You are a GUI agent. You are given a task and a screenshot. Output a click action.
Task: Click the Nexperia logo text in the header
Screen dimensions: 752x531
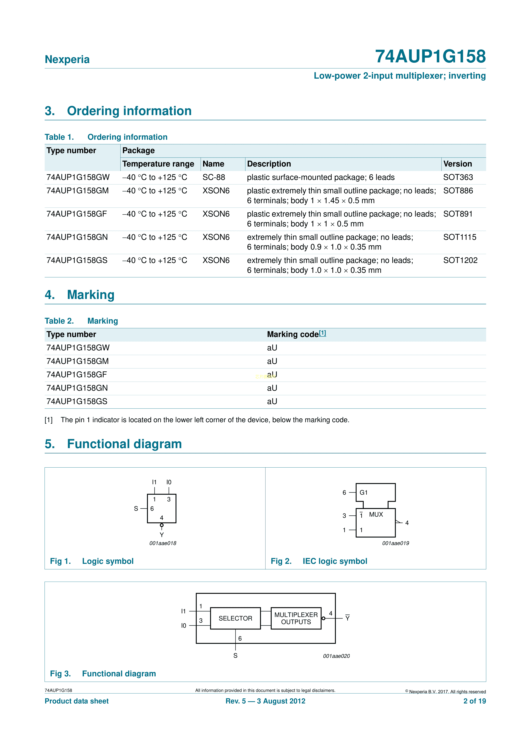click(67, 59)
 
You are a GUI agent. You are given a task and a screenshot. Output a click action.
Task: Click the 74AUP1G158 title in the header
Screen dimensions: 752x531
click(430, 56)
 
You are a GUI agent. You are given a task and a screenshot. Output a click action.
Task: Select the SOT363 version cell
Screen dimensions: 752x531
click(458, 177)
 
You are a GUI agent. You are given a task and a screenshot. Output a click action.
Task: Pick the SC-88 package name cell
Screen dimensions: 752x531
click(214, 177)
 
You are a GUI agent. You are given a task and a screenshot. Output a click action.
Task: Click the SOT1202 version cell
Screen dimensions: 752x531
click(460, 260)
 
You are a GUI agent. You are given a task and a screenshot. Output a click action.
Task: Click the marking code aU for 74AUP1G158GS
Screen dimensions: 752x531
click(272, 402)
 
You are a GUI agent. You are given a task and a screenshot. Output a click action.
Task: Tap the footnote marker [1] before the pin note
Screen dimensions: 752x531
click(48, 420)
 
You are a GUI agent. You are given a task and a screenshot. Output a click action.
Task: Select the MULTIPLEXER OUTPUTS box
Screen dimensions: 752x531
click(296, 618)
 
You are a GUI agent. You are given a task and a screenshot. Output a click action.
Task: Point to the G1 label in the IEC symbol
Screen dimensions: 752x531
click(363, 493)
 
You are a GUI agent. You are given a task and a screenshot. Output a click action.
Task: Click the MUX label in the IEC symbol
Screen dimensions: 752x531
click(376, 515)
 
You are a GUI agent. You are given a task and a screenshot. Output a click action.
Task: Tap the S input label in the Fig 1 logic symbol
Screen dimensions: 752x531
click(136, 509)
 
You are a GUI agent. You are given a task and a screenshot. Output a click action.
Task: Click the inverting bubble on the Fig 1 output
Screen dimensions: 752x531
click(162, 525)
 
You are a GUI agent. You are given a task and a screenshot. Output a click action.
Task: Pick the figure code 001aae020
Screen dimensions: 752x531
click(336, 656)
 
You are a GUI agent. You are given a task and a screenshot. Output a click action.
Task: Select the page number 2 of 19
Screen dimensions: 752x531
click(474, 701)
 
